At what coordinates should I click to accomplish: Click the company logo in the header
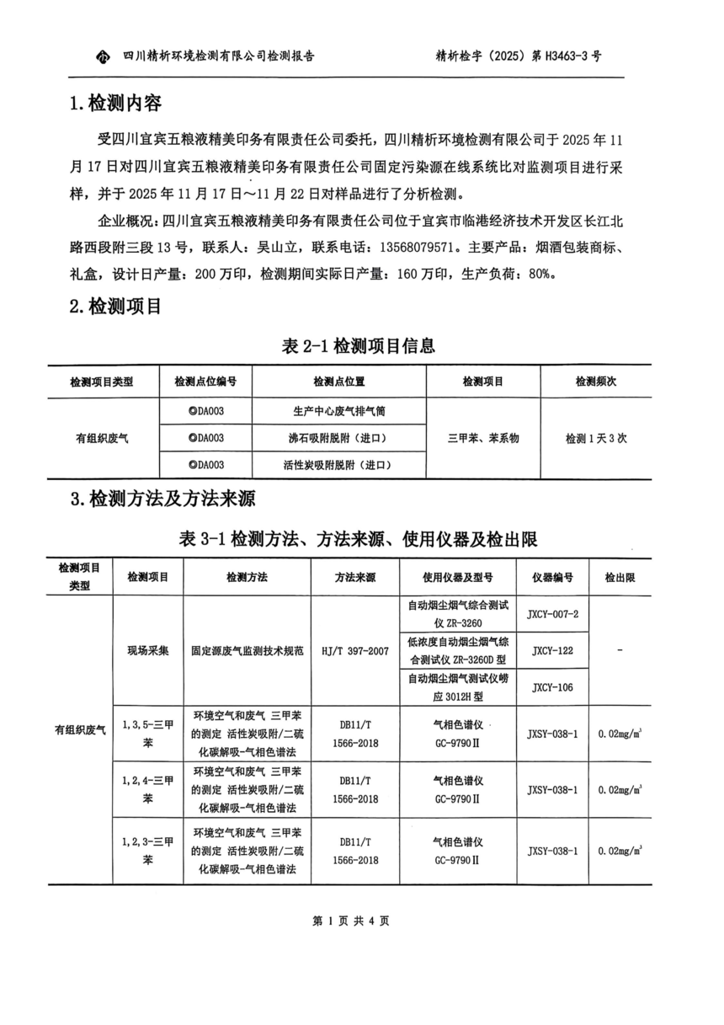[103, 57]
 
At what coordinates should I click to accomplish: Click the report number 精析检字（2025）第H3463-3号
[519, 56]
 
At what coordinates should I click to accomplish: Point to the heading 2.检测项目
[115, 307]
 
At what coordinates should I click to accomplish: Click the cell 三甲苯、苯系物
[483, 438]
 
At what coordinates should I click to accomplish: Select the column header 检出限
[620, 578]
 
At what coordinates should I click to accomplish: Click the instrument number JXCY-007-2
[553, 614]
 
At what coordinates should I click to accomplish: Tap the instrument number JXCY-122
[553, 651]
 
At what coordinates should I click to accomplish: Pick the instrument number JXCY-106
[553, 687]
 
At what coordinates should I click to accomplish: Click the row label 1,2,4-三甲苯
[148, 789]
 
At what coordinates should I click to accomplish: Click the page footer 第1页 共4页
[351, 921]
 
